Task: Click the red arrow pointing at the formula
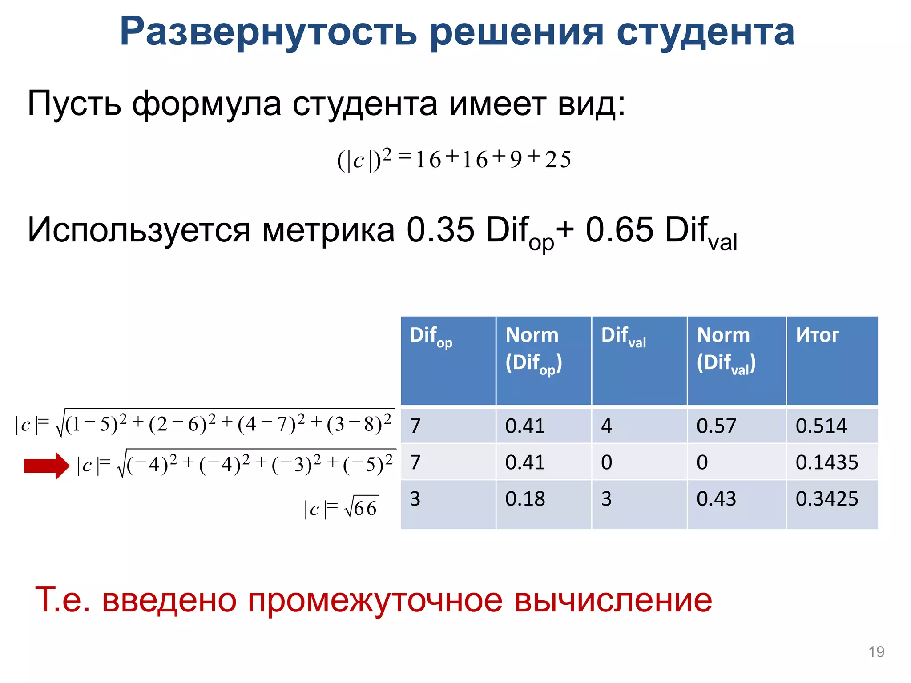pyautogui.click(x=47, y=466)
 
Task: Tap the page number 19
pyautogui.click(x=876, y=652)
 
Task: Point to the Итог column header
pyautogui.click(x=817, y=335)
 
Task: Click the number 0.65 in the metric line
pyautogui.click(x=619, y=230)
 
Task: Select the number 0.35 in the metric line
pyautogui.click(x=440, y=230)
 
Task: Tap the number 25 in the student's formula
pyautogui.click(x=558, y=160)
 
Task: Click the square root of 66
pyautogui.click(x=361, y=507)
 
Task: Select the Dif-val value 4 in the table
pyautogui.click(x=606, y=426)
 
